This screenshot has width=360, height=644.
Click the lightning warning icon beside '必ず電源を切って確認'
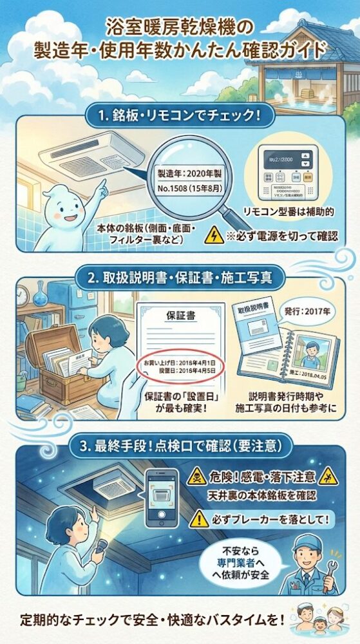211,236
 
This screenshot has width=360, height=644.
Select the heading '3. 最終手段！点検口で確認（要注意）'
180,444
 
